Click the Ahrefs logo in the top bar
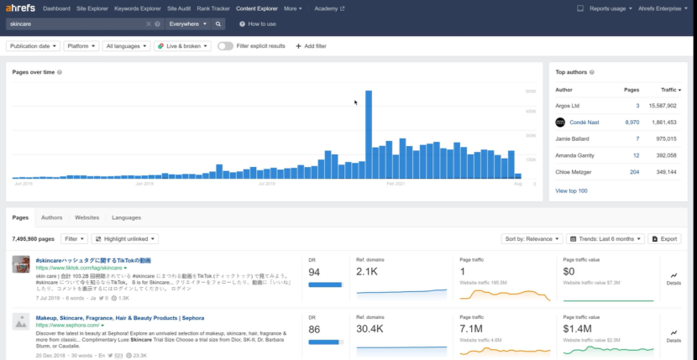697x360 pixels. click(x=20, y=8)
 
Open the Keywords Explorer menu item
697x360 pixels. click(x=138, y=8)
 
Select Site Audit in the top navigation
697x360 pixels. click(x=179, y=8)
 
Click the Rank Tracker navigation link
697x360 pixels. click(x=213, y=8)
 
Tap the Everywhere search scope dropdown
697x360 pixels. click(x=188, y=24)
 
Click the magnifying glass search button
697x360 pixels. click(x=219, y=24)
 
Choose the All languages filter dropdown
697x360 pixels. click(x=124, y=46)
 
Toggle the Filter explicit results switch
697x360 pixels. click(x=225, y=46)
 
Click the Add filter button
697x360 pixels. click(x=311, y=46)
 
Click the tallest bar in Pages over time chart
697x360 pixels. click(x=368, y=134)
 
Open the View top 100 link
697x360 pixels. click(x=571, y=190)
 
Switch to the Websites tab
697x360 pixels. click(x=86, y=217)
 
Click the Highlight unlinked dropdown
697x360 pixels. click(x=124, y=239)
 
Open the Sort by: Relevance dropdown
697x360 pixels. click(x=531, y=239)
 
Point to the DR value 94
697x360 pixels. click(x=314, y=273)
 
